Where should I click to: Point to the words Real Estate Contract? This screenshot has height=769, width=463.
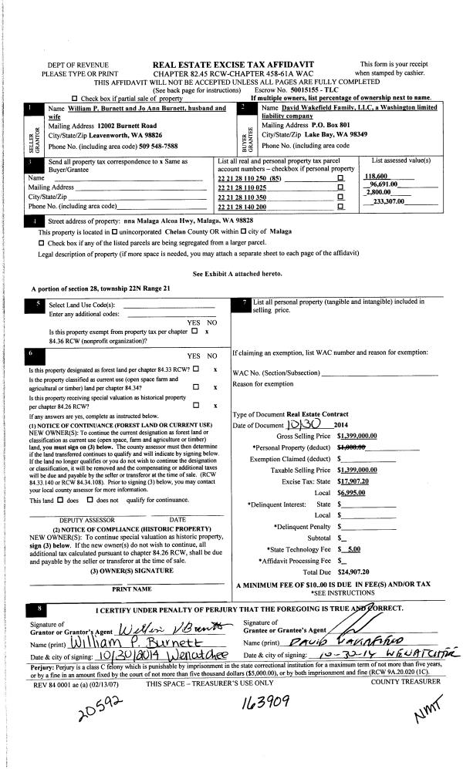[314, 414]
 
